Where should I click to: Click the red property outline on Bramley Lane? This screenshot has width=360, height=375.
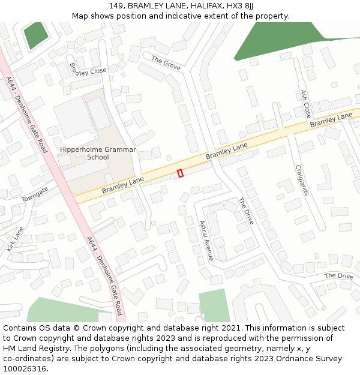pyautogui.click(x=180, y=173)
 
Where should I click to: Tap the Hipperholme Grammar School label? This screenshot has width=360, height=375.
pyautogui.click(x=98, y=154)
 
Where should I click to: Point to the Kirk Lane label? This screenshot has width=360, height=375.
pyautogui.click(x=15, y=239)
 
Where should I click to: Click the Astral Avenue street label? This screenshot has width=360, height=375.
pyautogui.click(x=206, y=241)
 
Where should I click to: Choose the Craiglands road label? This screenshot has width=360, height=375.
pyautogui.click(x=301, y=180)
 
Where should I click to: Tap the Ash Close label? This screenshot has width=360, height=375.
pyautogui.click(x=305, y=103)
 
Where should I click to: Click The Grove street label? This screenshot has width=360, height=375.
pyautogui.click(x=166, y=63)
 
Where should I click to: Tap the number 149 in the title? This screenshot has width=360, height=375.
pyautogui.click(x=117, y=5)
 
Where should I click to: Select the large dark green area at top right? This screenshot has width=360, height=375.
pyautogui.click(x=276, y=42)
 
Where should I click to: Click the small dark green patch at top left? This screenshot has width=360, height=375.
pyautogui.click(x=36, y=35)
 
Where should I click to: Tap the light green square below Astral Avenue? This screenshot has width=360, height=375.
pyautogui.click(x=214, y=305)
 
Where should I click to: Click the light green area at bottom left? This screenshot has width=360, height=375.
pyautogui.click(x=60, y=310)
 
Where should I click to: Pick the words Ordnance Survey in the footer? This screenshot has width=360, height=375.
pyautogui.click(x=311, y=358)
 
